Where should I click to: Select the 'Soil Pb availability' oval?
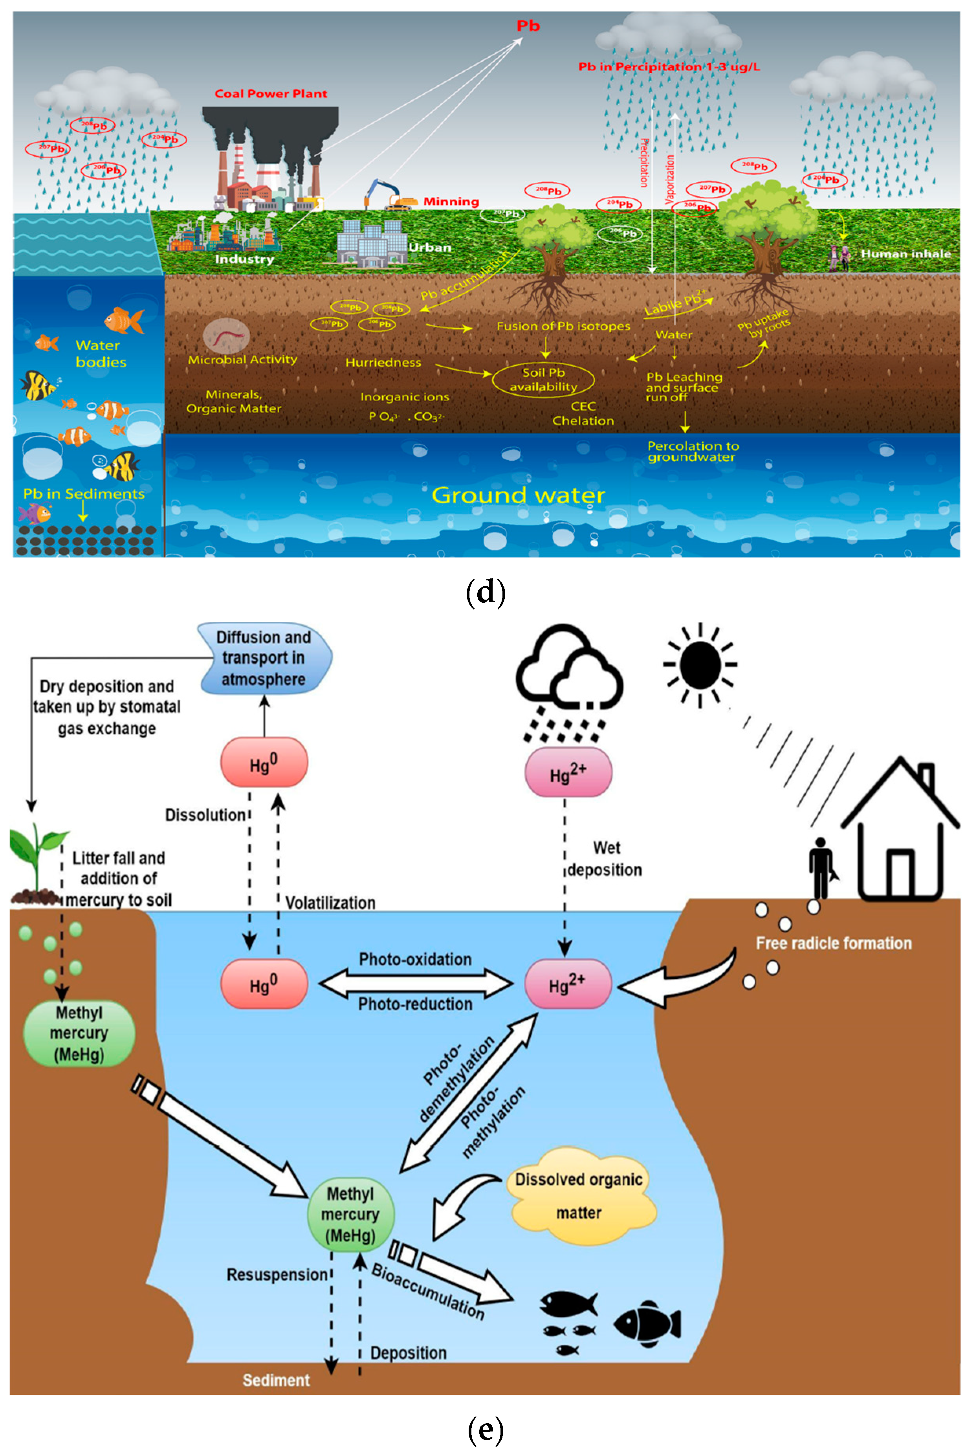click(543, 380)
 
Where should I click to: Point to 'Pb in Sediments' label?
click(84, 494)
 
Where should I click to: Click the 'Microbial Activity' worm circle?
click(226, 336)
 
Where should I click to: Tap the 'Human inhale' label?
click(905, 254)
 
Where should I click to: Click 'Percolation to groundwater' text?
click(693, 451)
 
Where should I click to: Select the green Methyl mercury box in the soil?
click(79, 1033)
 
